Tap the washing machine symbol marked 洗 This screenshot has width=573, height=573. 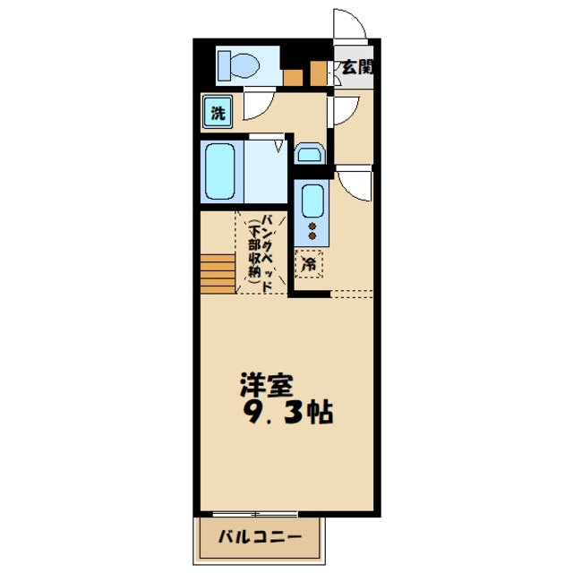tap(218, 113)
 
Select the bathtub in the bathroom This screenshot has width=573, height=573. tap(221, 172)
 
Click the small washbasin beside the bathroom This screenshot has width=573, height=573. tap(309, 155)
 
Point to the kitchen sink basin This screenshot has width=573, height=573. tap(312, 201)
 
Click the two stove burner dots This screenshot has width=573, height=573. tap(312, 230)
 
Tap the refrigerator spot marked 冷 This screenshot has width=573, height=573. tap(309, 264)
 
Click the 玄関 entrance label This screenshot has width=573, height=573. tap(355, 67)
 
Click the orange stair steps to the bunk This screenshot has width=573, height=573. tap(218, 272)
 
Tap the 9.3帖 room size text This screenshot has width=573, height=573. tap(286, 413)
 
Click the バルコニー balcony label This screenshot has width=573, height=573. tap(258, 540)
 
